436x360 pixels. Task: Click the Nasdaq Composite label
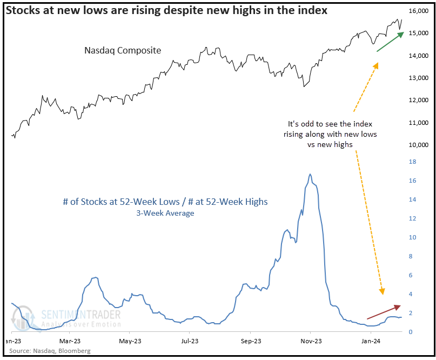pos(123,50)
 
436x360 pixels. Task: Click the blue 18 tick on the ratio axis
pos(412,162)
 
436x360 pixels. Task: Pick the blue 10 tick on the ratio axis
pos(412,237)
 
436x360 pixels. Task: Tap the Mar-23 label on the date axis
pos(70,341)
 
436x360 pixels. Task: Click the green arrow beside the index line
pos(390,42)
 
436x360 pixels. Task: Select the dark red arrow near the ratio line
pos(384,312)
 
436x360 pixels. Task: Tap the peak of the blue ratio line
pos(310,174)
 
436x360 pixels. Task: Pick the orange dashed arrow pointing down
pos(370,222)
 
